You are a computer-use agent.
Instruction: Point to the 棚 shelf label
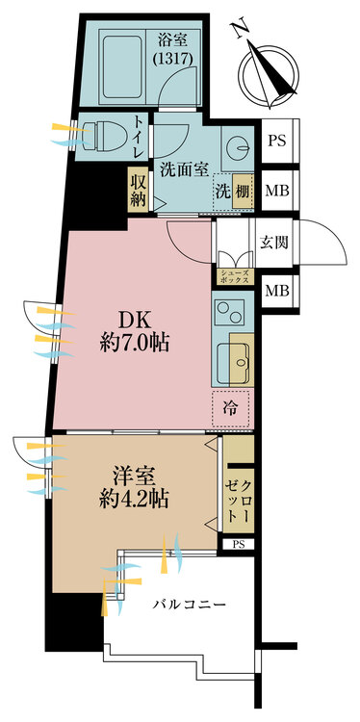tap(243, 193)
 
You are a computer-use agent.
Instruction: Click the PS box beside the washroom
tap(278, 141)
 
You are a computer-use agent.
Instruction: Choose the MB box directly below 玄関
tap(278, 291)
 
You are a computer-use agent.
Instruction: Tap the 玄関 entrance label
tap(273, 243)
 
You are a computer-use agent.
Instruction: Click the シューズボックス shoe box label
tap(236, 276)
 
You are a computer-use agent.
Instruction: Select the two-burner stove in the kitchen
tap(229, 312)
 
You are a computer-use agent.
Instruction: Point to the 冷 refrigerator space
tap(231, 407)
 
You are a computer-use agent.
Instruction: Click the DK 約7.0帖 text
tap(135, 330)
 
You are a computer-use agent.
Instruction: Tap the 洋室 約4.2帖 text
tap(134, 486)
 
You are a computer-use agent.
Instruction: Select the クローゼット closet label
tap(239, 502)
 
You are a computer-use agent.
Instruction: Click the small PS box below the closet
tap(238, 544)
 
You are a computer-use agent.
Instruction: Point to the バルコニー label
tap(190, 605)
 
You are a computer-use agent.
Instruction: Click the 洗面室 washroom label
tap(181, 169)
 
